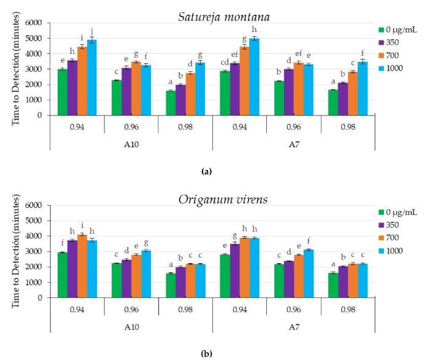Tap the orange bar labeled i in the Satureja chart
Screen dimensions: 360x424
click(82, 80)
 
